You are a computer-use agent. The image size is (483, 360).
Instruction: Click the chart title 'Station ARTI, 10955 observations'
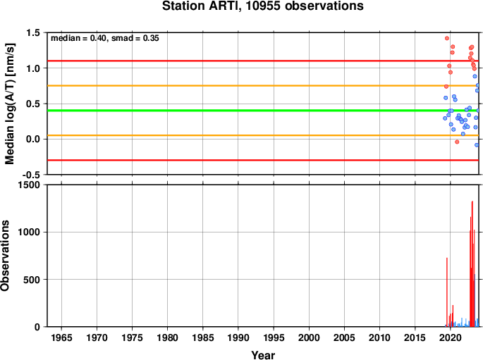[263, 6]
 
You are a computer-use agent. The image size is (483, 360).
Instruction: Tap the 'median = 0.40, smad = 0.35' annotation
[105, 38]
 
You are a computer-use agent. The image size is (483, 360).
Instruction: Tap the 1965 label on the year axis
[61, 338]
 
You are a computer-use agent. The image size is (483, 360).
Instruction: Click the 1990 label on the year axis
[238, 338]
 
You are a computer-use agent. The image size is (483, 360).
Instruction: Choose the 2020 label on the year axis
[451, 338]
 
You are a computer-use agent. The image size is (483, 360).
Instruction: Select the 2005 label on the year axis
[344, 338]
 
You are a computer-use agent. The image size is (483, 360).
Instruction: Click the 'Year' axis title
[263, 355]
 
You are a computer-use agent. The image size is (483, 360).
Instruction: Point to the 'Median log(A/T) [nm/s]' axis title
[10, 104]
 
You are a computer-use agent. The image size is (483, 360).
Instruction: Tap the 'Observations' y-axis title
[5, 256]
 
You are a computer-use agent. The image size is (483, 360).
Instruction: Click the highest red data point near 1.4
[447, 39]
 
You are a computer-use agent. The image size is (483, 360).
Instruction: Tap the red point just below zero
[457, 142]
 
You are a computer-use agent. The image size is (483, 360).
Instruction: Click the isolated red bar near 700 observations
[447, 292]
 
